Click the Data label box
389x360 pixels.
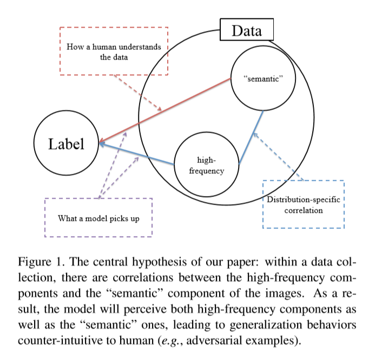click(x=246, y=30)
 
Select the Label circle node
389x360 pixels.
click(x=66, y=143)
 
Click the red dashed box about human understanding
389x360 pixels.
click(x=114, y=51)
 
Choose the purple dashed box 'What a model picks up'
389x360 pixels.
click(x=98, y=218)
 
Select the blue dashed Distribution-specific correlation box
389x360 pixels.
click(x=303, y=205)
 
